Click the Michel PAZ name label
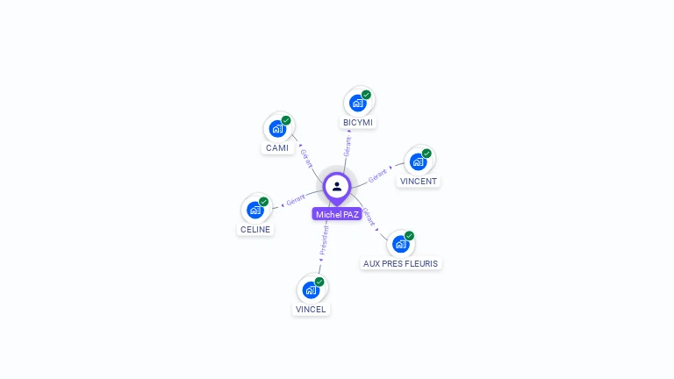pos(337,214)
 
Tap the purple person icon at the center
pos(337,186)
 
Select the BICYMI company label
pos(358,122)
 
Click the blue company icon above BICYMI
pos(358,103)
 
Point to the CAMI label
pos(277,147)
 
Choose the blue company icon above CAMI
pos(277,129)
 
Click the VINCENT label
pos(419,181)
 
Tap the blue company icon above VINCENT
pos(419,161)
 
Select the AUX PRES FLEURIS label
pos(400,263)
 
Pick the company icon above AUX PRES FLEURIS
pos(400,244)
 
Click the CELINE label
pos(255,229)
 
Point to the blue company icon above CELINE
pos(255,210)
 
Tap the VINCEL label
pos(311,309)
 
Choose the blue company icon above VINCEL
pos(311,290)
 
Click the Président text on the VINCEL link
pos(324,240)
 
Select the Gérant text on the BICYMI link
pos(348,146)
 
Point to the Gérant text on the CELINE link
pos(296,202)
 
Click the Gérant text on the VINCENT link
pos(377,175)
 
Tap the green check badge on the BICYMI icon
pos(366,95)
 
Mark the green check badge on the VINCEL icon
pos(319,282)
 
